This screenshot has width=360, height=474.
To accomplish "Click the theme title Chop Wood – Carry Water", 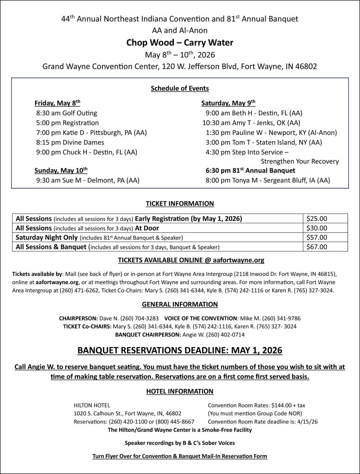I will [x=180, y=43].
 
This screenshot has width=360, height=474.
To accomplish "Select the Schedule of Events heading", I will [x=180, y=88].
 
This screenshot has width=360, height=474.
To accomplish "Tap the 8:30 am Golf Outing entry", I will [x=66, y=113].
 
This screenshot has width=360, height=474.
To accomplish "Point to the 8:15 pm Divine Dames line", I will [x=70, y=142].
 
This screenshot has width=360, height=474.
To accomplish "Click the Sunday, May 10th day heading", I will [x=61, y=170].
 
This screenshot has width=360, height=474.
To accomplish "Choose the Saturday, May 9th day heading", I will [x=228, y=103].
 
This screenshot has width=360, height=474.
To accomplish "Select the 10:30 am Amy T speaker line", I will [x=251, y=123].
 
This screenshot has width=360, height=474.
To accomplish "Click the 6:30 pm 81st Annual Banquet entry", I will [x=250, y=170].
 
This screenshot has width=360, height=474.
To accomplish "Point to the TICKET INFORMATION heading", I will [x=180, y=203].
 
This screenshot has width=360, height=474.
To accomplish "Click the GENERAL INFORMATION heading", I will [x=180, y=304].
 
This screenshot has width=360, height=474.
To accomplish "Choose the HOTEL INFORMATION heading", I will [x=180, y=391].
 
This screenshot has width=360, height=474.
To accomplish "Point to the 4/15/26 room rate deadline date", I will [x=307, y=422].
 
